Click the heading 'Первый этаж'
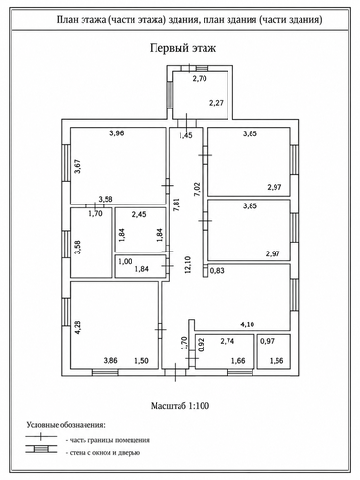(x=182, y=48)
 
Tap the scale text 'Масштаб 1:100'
(x=180, y=406)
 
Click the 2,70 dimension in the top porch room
(x=200, y=78)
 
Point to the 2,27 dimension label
(x=216, y=103)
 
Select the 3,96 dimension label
(x=117, y=133)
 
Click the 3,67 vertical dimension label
(x=77, y=167)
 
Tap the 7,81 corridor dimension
(x=176, y=205)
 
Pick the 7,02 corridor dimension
(x=197, y=189)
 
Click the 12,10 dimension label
(x=188, y=264)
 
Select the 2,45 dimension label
(x=139, y=214)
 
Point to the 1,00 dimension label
(x=125, y=261)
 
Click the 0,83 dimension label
(x=217, y=271)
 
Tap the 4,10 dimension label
(x=248, y=324)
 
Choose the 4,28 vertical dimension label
(x=77, y=327)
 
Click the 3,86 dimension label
(x=110, y=361)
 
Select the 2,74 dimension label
(x=228, y=341)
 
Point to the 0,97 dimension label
(x=267, y=341)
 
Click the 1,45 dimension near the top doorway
(x=185, y=135)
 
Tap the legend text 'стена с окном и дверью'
(x=105, y=453)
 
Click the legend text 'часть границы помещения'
(x=109, y=440)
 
